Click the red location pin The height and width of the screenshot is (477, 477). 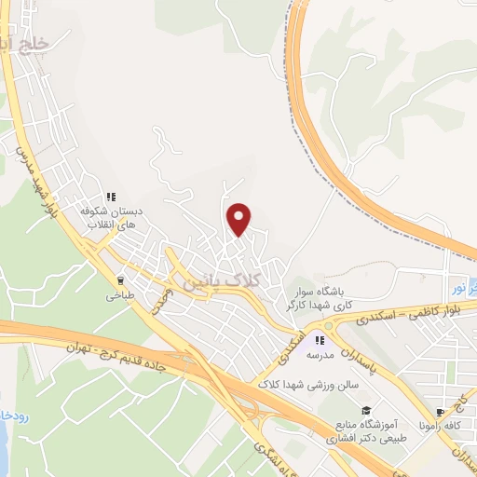(x=239, y=218)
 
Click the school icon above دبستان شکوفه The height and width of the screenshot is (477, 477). (x=111, y=198)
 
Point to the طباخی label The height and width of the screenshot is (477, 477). (x=119, y=297)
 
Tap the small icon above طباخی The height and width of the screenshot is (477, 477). (x=119, y=279)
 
